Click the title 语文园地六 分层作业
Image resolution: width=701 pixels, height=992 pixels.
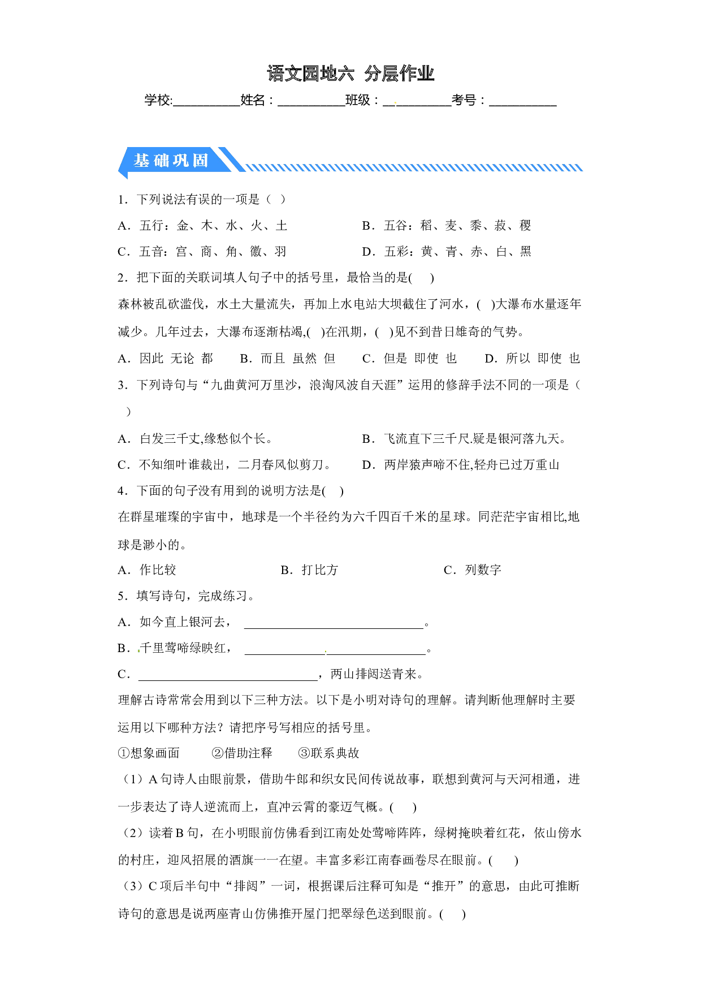[350, 74]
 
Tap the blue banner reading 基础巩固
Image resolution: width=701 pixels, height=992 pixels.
[171, 161]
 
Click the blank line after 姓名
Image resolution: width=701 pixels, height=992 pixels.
[311, 106]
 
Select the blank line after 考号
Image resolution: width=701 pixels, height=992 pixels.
[523, 106]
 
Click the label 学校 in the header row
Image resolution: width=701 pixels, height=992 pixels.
[157, 101]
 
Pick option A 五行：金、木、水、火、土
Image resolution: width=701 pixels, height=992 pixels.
[202, 226]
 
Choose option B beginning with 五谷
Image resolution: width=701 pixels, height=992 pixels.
[447, 226]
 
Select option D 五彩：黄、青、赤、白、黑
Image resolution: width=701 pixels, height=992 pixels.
[447, 252]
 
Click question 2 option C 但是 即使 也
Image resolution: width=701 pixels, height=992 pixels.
[409, 359]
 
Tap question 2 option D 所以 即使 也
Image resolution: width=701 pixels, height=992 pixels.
[533, 359]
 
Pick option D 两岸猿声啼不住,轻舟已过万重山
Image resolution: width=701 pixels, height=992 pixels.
[461, 465]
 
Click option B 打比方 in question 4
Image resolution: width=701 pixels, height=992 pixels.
[309, 570]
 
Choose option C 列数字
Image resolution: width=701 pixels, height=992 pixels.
[473, 570]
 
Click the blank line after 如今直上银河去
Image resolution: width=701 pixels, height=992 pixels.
[334, 628]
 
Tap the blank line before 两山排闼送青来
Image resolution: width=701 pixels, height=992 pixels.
[228, 680]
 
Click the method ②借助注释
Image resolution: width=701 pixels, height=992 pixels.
[242, 753]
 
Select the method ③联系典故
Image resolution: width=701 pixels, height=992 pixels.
[329, 753]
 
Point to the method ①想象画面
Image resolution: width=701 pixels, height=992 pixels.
[149, 753]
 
